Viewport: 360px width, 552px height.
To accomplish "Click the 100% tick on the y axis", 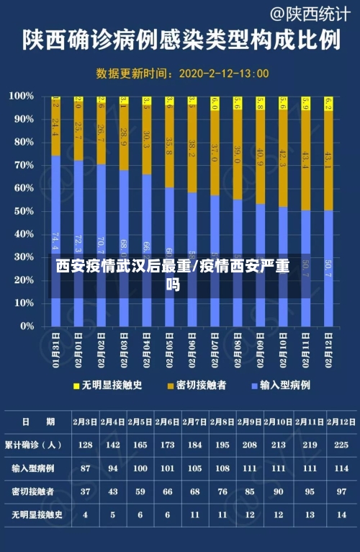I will (x=22, y=96).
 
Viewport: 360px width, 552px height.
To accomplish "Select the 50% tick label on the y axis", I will (x=23, y=211).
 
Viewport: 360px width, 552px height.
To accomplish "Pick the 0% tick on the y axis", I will (x=26, y=326).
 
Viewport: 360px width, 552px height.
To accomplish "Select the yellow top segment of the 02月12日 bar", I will (x=328, y=103).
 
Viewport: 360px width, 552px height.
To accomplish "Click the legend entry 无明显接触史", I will (x=107, y=386).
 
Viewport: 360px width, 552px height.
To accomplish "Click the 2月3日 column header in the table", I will (x=85, y=422).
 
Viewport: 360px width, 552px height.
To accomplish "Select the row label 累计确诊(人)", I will (x=34, y=445).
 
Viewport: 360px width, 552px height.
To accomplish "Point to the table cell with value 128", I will (x=85, y=445).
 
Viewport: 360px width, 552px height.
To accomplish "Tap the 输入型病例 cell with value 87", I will (x=85, y=468).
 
